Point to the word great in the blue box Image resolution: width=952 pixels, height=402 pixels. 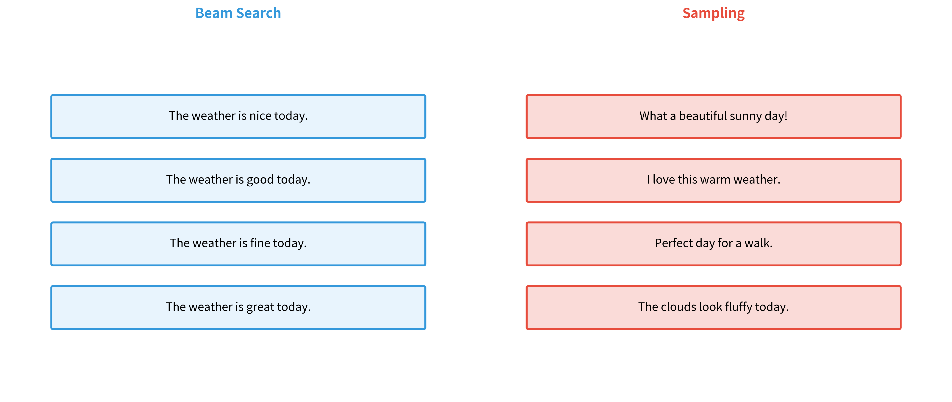[x=260, y=307]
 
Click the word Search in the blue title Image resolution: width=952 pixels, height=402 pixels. [x=259, y=13]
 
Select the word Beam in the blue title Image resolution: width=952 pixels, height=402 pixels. [x=214, y=13]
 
